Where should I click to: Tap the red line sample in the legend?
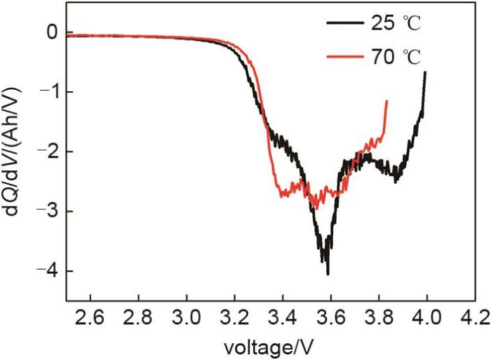[343, 56]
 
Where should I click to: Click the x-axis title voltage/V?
[271, 346]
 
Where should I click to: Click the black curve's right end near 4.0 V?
[425, 72]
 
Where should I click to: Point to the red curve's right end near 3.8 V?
[386, 101]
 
